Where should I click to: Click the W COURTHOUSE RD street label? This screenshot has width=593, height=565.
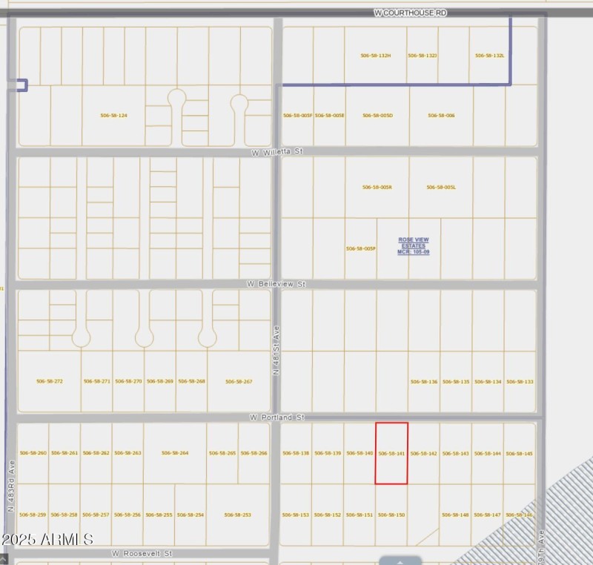coord(411,13)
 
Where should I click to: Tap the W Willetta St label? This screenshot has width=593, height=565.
coord(278,151)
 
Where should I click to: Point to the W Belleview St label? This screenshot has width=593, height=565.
coord(276,284)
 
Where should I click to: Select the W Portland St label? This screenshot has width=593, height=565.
coord(277,418)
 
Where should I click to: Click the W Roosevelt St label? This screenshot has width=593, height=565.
coord(142,554)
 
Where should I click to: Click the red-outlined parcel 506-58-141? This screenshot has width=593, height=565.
coord(391,453)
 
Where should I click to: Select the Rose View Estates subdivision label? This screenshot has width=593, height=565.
coord(413,246)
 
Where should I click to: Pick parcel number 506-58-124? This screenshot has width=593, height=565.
coord(113,116)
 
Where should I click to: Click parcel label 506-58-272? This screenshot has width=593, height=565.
coord(50,381)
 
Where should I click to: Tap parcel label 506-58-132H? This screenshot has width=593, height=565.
coord(376,56)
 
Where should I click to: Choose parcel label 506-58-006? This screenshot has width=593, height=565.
coord(440,116)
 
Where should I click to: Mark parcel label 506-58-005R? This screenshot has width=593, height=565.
coord(377,188)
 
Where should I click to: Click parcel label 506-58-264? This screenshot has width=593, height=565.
coord(175,453)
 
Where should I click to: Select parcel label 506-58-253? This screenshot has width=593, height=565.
coord(237,515)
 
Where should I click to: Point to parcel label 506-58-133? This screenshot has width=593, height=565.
coord(520,382)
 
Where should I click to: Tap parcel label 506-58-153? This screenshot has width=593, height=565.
coord(295,515)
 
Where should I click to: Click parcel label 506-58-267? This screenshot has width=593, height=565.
coord(239,382)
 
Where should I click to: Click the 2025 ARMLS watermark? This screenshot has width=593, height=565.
coord(46,539)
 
